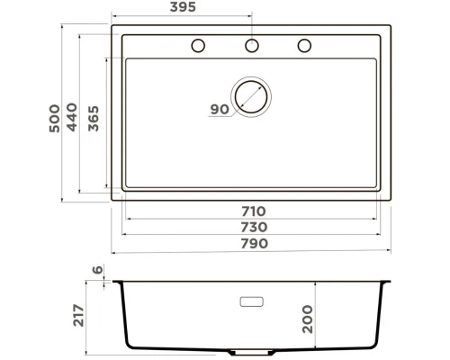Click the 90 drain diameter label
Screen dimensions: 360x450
(219, 110)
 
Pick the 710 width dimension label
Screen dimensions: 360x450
(252, 211)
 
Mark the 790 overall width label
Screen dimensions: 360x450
(252, 243)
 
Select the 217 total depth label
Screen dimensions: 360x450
(79, 315)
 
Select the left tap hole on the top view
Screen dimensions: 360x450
(198, 46)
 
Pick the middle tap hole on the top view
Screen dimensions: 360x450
(252, 46)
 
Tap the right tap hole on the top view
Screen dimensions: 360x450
(304, 46)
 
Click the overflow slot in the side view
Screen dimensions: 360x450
(251, 300)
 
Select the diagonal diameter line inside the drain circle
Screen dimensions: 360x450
(251, 96)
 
